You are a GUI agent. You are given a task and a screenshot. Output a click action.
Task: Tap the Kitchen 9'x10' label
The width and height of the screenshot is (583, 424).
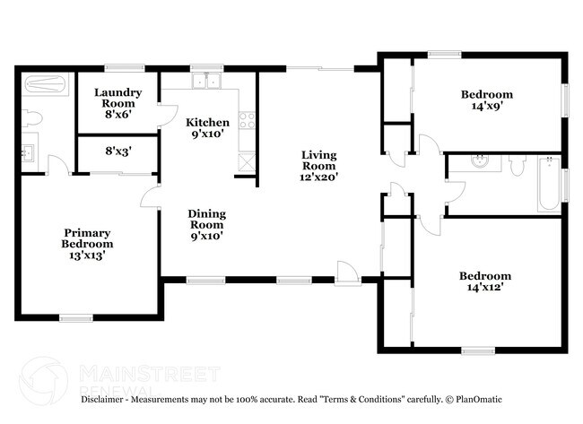click(207, 128)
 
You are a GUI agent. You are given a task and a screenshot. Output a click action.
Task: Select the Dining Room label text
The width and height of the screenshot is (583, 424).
click(206, 225)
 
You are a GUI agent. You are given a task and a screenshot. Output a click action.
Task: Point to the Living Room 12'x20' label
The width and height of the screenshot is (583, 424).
click(318, 166)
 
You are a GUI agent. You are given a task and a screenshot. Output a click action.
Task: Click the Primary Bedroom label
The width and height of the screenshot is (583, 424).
click(87, 244)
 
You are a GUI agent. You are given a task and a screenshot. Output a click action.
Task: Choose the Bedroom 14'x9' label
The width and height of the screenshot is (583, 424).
click(487, 100)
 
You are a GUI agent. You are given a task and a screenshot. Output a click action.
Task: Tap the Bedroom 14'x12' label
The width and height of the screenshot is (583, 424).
click(485, 281)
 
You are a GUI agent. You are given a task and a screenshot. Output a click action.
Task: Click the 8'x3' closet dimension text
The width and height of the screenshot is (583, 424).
click(117, 151)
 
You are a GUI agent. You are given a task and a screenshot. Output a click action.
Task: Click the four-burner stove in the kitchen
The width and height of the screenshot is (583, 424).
click(247, 118)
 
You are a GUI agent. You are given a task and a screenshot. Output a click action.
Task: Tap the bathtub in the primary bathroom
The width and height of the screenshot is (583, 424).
click(42, 87)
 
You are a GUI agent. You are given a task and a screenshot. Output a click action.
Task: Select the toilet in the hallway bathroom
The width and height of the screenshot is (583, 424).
click(517, 164)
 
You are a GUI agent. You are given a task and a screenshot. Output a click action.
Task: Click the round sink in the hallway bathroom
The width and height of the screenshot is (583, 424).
click(481, 162)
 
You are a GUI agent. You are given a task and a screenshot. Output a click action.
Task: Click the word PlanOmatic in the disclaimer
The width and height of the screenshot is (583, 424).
click(477, 399)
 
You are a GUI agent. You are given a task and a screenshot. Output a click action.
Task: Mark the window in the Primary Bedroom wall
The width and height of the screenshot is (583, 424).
click(76, 316)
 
